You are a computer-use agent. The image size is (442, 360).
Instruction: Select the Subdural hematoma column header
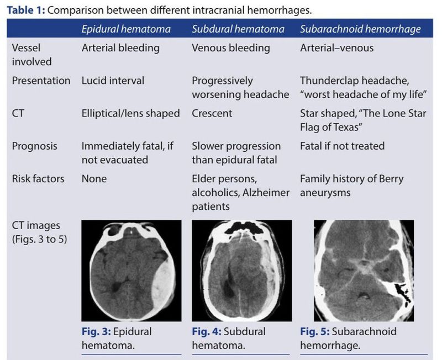tap(238, 29)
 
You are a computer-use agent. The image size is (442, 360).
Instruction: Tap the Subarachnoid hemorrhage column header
tap(360, 29)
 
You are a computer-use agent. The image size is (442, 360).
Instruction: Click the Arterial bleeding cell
tap(120, 48)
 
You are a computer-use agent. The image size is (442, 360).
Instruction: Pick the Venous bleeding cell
tap(231, 48)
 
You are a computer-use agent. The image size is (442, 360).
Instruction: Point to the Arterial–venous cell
tap(336, 48)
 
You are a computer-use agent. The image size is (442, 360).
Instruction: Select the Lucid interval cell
tap(113, 81)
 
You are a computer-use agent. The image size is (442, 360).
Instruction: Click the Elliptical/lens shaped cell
tap(131, 113)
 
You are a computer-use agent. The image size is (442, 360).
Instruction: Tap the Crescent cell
tap(212, 113)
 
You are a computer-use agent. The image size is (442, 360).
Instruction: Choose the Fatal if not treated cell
tap(342, 146)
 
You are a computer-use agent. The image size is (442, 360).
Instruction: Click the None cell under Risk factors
tap(94, 179)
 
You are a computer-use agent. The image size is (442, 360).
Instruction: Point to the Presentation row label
tap(41, 81)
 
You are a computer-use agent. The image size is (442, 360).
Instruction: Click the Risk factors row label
tap(38, 179)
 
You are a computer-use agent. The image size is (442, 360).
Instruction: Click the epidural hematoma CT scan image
tap(131, 271)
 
